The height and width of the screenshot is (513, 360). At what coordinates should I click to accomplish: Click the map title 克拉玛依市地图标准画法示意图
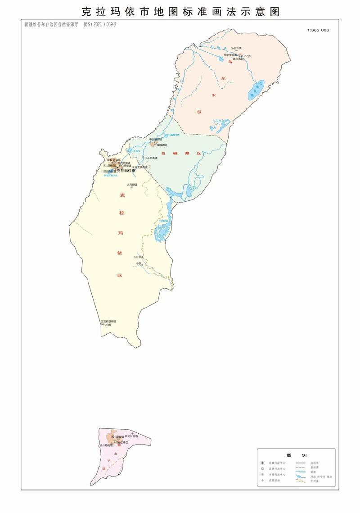click(180, 11)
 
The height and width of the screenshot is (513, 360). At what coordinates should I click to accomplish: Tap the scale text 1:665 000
click(318, 30)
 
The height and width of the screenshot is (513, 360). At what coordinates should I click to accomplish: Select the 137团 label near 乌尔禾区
click(246, 56)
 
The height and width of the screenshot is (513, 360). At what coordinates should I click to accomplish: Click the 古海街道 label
click(132, 184)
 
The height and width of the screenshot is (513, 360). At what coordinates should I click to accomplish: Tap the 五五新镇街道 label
click(108, 321)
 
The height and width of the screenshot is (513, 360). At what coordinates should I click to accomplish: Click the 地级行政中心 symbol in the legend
click(262, 463)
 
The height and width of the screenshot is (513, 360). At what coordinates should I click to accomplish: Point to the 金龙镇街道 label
click(139, 167)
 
